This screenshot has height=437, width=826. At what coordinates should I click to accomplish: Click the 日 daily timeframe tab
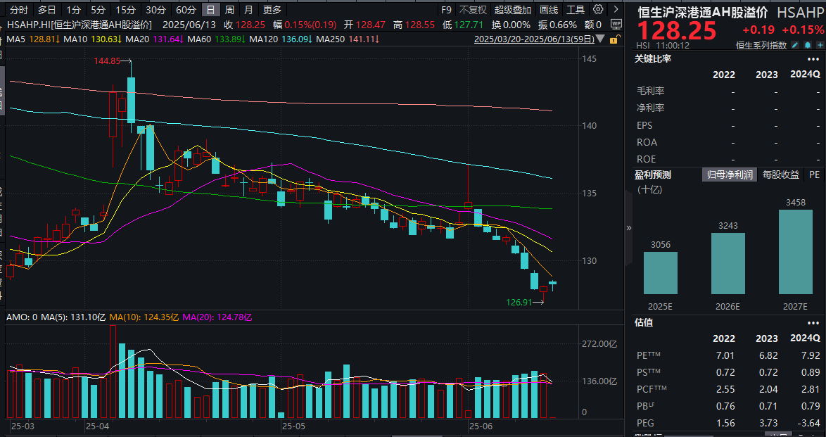click(x=210, y=10)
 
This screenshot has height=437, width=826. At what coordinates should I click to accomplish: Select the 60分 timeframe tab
click(x=186, y=10)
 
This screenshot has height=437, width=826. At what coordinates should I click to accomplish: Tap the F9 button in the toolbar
click(x=446, y=10)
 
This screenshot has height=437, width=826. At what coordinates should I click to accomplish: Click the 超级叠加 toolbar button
click(x=513, y=10)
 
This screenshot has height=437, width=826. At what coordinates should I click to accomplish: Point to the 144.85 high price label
click(x=108, y=61)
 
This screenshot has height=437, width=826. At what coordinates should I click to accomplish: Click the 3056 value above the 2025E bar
click(x=660, y=243)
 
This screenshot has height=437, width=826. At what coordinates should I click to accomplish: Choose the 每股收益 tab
click(x=781, y=175)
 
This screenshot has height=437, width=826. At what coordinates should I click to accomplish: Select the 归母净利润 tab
click(x=730, y=175)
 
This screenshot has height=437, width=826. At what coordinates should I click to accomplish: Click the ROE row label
click(x=647, y=159)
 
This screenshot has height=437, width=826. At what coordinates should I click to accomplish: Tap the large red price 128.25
click(x=677, y=31)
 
